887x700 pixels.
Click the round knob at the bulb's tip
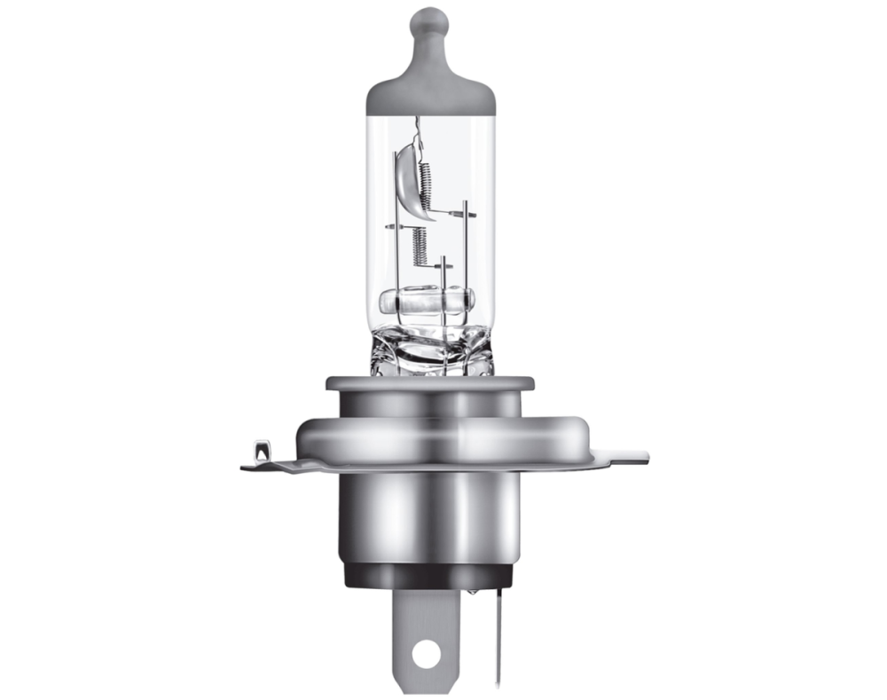point(430,20)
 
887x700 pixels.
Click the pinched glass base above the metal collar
point(430,350)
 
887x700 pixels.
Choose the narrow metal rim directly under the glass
point(430,384)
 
